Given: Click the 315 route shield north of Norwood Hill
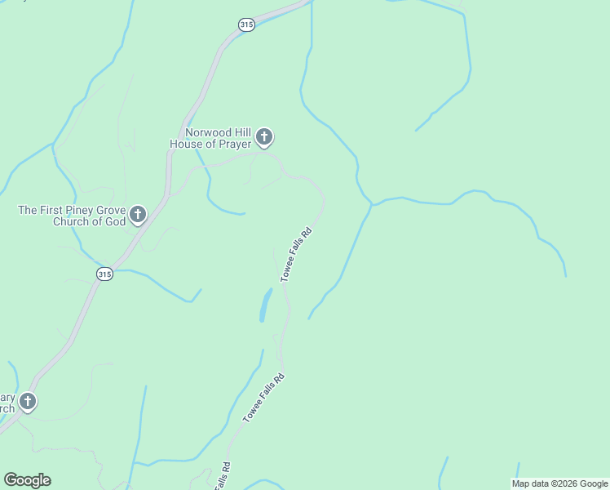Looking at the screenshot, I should tap(247, 24).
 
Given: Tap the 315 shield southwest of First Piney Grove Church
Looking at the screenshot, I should tap(104, 274).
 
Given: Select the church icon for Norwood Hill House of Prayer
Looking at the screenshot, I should tap(264, 136).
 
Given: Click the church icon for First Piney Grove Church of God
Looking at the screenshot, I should tap(138, 215).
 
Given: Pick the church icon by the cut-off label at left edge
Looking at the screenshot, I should tap(28, 401).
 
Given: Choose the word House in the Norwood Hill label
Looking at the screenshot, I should tap(184, 144).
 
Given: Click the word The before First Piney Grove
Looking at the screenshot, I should tap(29, 210).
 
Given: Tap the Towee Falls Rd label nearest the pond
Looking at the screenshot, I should tap(297, 255).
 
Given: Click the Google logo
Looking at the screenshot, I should tap(28, 480).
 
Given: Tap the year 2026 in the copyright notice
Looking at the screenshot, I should tap(569, 483).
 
